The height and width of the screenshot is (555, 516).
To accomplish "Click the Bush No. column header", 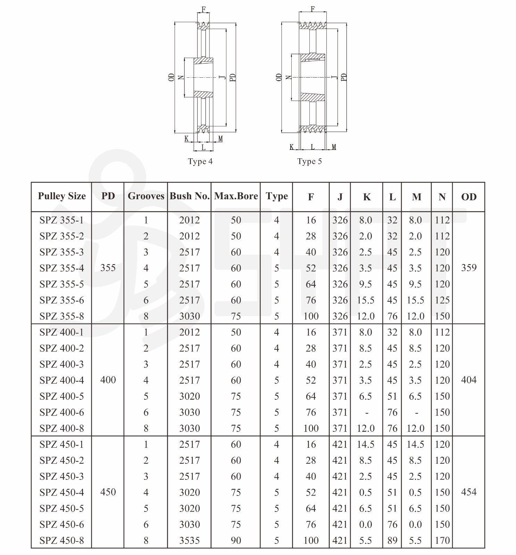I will (189, 196).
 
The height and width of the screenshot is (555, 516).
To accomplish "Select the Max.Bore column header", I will (236, 196).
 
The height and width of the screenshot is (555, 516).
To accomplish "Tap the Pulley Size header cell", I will (62, 196).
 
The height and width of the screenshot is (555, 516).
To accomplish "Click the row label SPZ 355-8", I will (62, 316).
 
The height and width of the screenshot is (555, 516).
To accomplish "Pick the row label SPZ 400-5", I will (62, 396).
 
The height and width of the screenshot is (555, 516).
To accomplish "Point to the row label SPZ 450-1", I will (62, 444).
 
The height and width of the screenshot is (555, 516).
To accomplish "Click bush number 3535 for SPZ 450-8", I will (189, 540).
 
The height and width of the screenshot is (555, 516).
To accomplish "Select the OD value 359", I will (468, 268).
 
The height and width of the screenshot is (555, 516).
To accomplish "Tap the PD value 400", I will (108, 380).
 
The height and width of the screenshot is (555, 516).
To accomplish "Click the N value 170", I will (442, 540).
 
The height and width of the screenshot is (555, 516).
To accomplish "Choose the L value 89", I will (392, 540).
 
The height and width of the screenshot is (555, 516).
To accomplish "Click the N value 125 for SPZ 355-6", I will (442, 300).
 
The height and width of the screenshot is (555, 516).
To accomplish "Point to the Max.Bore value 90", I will (236, 540).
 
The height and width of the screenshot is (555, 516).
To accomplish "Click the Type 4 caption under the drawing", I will (200, 161).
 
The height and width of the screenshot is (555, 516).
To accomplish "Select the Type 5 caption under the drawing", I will (309, 161).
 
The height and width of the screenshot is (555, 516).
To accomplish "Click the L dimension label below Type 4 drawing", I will (203, 148).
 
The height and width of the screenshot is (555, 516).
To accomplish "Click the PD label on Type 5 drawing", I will (344, 77).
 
